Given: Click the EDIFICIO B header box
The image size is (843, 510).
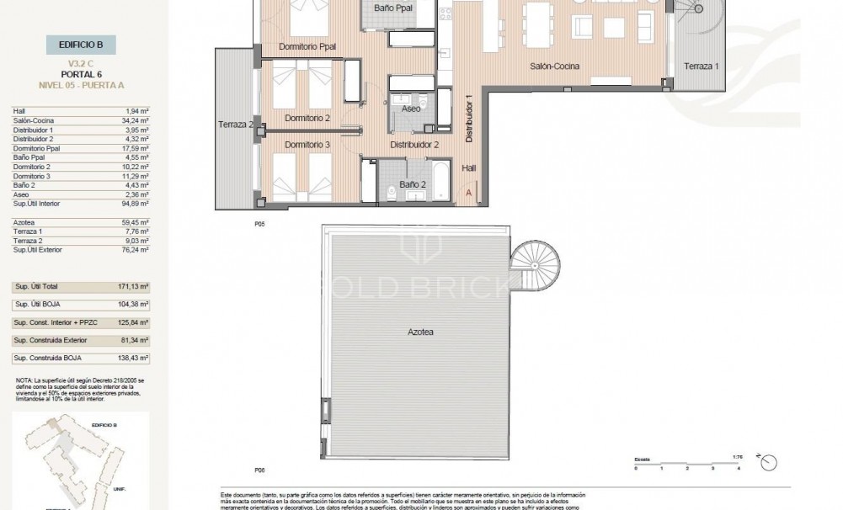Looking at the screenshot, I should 82,45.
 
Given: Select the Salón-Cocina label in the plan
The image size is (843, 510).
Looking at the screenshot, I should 552,66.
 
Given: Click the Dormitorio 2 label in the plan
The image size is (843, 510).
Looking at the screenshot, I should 307,118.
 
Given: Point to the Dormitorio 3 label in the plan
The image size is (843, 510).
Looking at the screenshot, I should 307,146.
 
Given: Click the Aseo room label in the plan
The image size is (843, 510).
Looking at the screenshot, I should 411,109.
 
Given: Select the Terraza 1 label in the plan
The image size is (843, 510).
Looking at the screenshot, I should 701,66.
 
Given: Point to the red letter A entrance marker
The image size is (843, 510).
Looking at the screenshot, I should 469,193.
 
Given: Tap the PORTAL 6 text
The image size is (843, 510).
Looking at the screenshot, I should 82,73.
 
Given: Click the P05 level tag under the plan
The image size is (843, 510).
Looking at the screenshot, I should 259,225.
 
